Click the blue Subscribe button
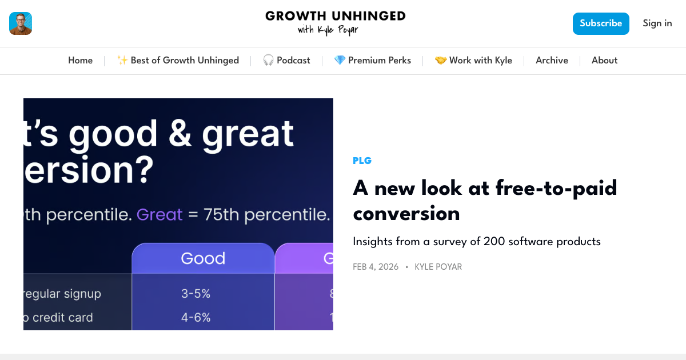[x=601, y=23]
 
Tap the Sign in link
[x=657, y=23]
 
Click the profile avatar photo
[x=21, y=23]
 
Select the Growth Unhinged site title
[x=335, y=22]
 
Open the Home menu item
[x=80, y=61]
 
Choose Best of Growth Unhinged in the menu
[x=178, y=61]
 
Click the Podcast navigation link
[x=286, y=61]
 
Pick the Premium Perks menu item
[x=372, y=61]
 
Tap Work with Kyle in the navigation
[x=473, y=61]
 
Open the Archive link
[x=552, y=61]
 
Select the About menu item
[x=604, y=61]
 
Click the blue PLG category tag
[x=362, y=161]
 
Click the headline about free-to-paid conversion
[x=485, y=201]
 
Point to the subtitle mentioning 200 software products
[x=476, y=242]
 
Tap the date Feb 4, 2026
[x=376, y=267]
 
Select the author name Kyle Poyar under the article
[x=438, y=267]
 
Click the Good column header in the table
[x=203, y=258]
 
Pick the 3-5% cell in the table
[x=196, y=294]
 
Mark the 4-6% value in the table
[x=196, y=317]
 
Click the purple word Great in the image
[x=159, y=215]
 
